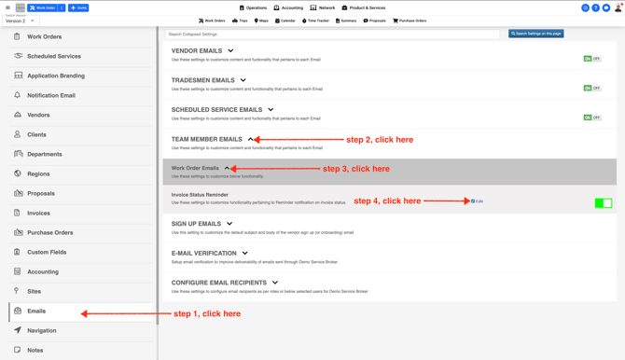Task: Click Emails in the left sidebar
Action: [36, 311]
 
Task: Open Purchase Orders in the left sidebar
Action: [49, 232]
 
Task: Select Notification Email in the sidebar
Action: [50, 95]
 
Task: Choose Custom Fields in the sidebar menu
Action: [47, 252]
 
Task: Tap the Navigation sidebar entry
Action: [41, 330]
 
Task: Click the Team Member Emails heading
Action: [206, 139]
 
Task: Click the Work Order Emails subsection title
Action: [195, 169]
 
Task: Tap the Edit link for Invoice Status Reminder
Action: [478, 201]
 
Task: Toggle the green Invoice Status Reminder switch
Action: [603, 202]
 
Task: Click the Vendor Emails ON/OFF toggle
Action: [591, 59]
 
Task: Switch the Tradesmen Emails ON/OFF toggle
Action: [591, 89]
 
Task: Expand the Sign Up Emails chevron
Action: [229, 224]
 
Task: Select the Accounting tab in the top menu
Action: [288, 7]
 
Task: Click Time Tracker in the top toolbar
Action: [315, 21]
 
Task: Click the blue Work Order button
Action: [43, 7]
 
